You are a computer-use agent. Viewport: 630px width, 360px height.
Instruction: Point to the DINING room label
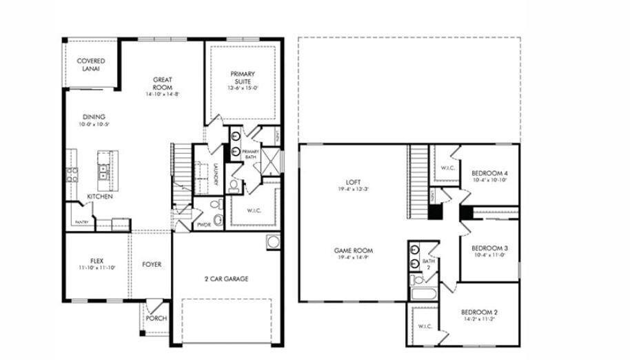coord(94,117)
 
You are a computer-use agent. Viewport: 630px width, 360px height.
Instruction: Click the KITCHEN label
coord(100,197)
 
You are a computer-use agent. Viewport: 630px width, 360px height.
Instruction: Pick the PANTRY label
coord(82,222)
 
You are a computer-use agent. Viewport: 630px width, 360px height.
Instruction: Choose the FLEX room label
coord(96,261)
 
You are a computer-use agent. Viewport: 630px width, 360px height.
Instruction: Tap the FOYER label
coord(152,265)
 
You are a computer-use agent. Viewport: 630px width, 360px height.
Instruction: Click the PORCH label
coord(155,319)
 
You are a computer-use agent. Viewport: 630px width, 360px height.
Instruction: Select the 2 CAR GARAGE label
coord(225,279)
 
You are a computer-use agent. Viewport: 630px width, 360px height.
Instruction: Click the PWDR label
coord(203,225)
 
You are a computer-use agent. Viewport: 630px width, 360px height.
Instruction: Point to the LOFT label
coord(352,183)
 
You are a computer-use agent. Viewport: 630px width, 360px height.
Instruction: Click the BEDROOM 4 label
coord(489,173)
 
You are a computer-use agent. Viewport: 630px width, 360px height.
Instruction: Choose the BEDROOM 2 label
coord(479,312)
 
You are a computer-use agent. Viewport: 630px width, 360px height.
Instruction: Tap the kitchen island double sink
coord(103,171)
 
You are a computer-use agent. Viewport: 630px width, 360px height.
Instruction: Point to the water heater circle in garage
coord(273,242)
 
